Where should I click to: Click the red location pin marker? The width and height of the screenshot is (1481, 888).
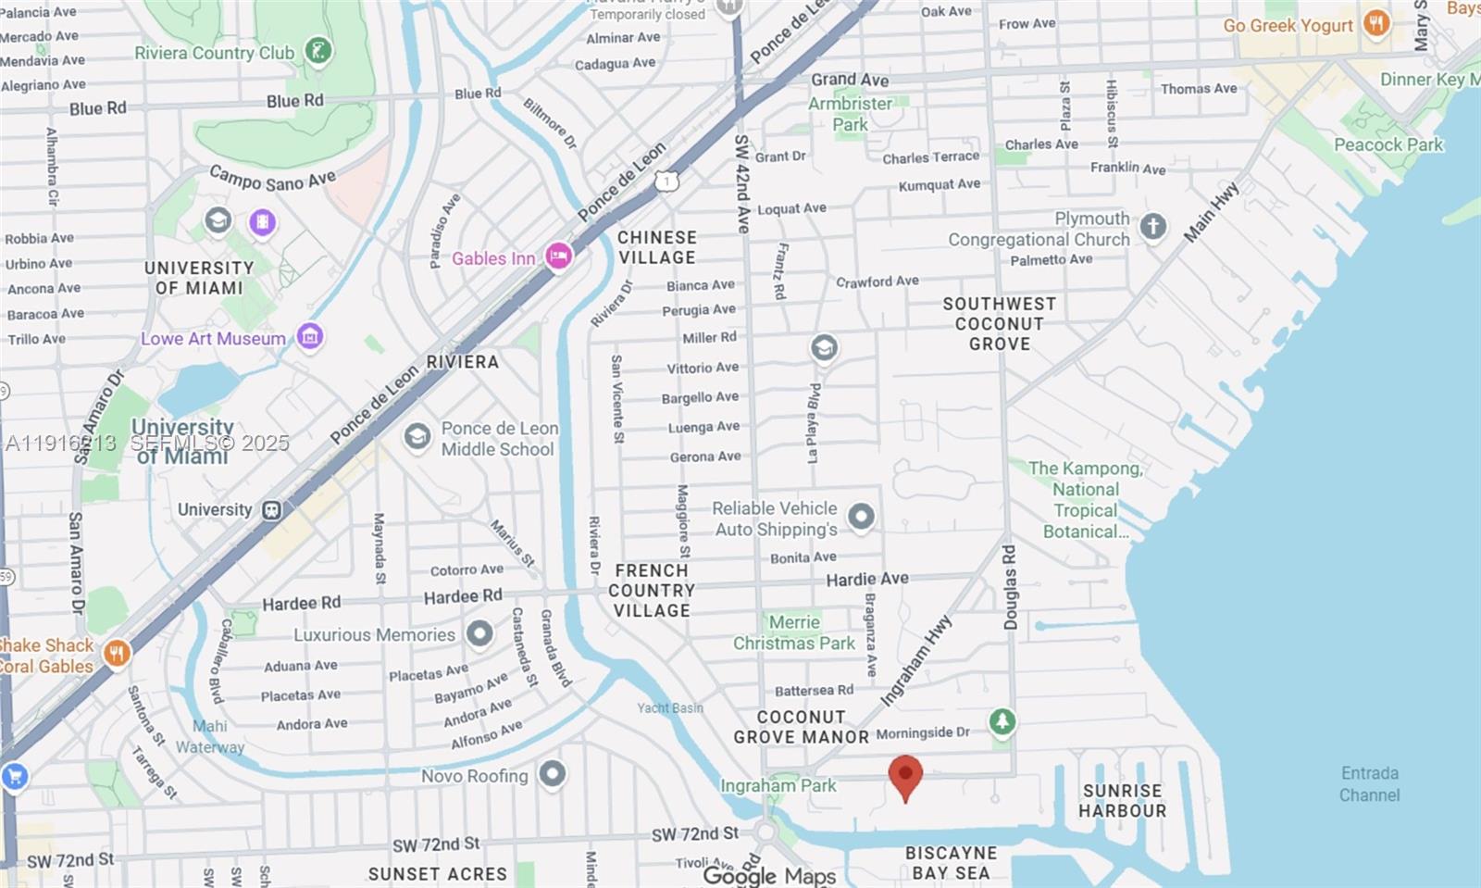(x=905, y=775)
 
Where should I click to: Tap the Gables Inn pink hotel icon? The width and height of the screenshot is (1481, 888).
(x=558, y=256)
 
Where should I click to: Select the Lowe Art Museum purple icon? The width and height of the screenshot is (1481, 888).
(x=310, y=336)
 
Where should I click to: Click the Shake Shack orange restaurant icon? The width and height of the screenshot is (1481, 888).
(x=116, y=654)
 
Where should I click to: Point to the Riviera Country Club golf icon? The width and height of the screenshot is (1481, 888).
(x=318, y=51)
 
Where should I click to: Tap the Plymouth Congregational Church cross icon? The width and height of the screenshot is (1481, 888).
(x=1152, y=226)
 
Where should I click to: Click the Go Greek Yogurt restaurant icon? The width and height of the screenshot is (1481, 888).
(x=1376, y=24)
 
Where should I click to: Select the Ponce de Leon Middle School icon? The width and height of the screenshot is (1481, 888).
(x=417, y=436)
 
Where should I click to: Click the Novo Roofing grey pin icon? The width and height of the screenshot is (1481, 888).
(x=553, y=774)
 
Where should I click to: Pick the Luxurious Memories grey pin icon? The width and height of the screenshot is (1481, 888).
(x=479, y=633)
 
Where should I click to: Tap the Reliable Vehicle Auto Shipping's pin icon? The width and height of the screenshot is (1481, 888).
(x=861, y=517)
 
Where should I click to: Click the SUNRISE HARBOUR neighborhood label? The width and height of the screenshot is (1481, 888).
(x=1122, y=800)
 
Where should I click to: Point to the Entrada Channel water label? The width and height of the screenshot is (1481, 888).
(x=1369, y=783)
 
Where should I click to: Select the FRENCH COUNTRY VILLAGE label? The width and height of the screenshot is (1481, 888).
(x=652, y=591)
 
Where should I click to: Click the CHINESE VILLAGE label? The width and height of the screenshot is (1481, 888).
(x=657, y=248)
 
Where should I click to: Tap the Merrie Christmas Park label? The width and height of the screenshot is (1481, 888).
(x=794, y=632)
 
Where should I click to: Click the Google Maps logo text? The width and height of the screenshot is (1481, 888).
(x=769, y=875)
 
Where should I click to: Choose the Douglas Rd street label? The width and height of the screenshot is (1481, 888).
(x=1009, y=587)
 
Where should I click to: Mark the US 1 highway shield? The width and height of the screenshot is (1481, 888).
(x=666, y=181)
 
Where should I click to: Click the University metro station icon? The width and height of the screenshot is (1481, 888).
(x=271, y=510)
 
